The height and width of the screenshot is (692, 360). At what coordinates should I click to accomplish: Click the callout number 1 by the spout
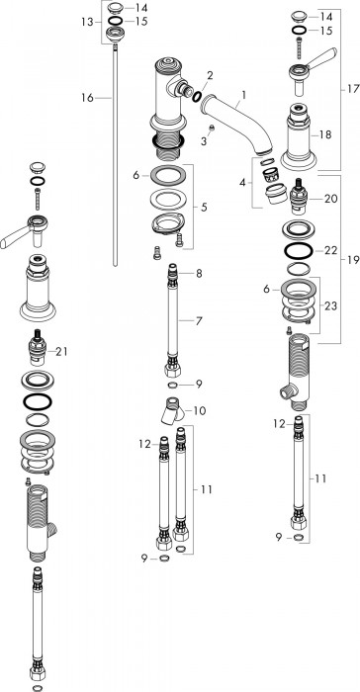point(244,94)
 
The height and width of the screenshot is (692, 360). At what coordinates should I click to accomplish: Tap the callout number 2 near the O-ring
point(210,75)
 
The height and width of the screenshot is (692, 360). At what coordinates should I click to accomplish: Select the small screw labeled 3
point(212,129)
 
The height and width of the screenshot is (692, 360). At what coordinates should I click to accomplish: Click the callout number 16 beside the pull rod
point(87,98)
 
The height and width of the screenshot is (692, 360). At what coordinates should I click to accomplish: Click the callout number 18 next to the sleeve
point(325,134)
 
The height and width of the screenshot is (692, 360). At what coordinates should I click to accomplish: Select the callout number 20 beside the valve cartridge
point(331,199)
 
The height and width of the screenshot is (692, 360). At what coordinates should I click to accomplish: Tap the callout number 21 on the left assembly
point(61,351)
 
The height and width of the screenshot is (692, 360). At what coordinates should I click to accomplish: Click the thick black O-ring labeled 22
point(299,251)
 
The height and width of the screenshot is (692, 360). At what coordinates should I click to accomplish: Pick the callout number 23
point(330,305)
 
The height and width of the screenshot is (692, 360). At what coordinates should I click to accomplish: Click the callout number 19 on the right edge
point(353,260)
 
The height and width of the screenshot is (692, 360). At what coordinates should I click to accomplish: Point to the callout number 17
point(353,89)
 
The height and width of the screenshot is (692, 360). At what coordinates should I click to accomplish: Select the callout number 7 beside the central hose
point(199,321)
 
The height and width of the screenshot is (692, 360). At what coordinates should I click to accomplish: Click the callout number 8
point(199,274)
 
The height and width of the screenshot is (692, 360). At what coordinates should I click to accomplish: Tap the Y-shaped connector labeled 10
point(171,410)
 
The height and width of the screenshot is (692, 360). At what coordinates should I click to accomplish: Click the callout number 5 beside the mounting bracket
point(204,207)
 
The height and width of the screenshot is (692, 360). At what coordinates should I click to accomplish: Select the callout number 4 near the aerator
point(243,182)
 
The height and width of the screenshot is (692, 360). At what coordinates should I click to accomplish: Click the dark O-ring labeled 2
point(197,96)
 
